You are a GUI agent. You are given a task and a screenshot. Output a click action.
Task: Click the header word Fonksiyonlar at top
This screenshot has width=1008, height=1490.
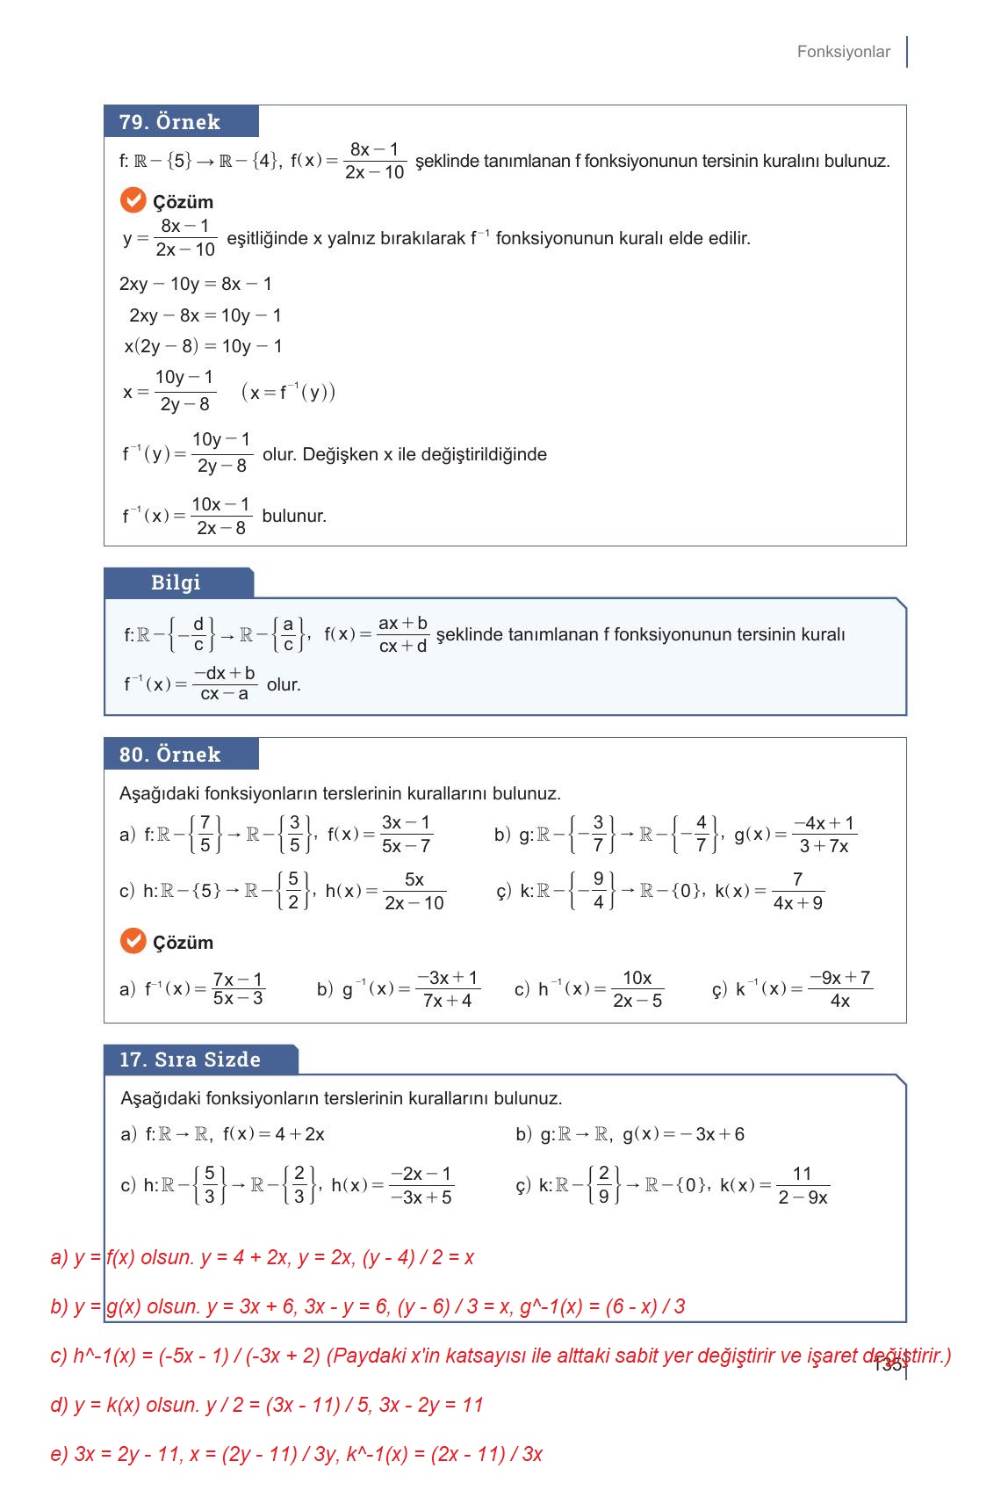coord(843,52)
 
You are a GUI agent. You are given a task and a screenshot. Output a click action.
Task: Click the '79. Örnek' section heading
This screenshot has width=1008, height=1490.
coord(169,122)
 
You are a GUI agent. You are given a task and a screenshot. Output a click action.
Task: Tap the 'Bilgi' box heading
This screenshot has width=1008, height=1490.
coord(176,582)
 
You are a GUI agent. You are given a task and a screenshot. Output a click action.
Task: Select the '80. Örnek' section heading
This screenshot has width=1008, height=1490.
coord(169,755)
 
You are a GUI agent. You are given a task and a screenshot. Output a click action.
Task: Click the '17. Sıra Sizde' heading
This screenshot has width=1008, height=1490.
coord(190,1060)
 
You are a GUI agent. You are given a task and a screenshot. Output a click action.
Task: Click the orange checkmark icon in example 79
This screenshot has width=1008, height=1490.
coord(133,200)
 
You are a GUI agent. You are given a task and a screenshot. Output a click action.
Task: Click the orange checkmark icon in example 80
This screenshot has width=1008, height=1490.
coord(133,941)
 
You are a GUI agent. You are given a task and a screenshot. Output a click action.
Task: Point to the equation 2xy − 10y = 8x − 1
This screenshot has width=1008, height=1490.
coord(196,284)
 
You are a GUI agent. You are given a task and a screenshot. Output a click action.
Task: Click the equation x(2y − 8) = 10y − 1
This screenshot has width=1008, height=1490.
coord(203,346)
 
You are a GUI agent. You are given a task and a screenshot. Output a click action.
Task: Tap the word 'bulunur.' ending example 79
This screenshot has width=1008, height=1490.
coord(294,516)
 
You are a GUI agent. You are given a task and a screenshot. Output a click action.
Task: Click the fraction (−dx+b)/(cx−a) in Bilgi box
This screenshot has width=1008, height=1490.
coord(225,684)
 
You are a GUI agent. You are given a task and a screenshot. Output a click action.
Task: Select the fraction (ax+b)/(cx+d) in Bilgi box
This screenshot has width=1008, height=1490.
coord(402,634)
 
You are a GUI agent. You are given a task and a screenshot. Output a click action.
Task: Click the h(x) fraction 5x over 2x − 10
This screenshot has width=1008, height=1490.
coord(414,891)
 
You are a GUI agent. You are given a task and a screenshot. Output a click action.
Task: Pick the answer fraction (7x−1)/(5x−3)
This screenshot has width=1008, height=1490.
coord(238,989)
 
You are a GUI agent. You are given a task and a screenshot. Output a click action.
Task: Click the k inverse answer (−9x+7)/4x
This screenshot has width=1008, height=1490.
coord(839,989)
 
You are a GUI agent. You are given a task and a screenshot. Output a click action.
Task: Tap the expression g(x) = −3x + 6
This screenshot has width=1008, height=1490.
coord(683,1134)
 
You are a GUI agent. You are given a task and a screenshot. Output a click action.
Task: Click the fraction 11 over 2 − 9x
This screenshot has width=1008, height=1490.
coord(802,1186)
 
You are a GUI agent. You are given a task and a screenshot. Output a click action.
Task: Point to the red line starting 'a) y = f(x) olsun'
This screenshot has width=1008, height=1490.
coord(263,1257)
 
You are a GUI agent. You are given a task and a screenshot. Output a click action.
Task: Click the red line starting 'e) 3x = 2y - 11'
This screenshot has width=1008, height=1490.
coord(296,1454)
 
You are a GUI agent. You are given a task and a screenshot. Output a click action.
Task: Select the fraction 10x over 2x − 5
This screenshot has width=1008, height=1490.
coord(637,989)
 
